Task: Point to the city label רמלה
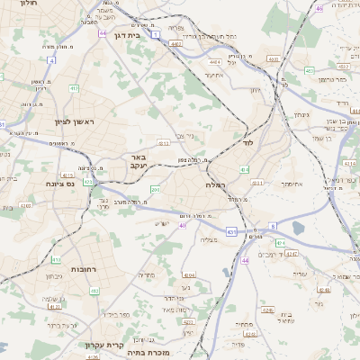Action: pyautogui.click(x=215, y=184)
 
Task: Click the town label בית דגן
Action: pyautogui.click(x=131, y=35)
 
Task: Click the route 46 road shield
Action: pyautogui.click(x=319, y=8)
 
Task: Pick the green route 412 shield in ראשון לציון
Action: pyautogui.click(x=73, y=89)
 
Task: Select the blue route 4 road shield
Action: pyautogui.click(x=51, y=60)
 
